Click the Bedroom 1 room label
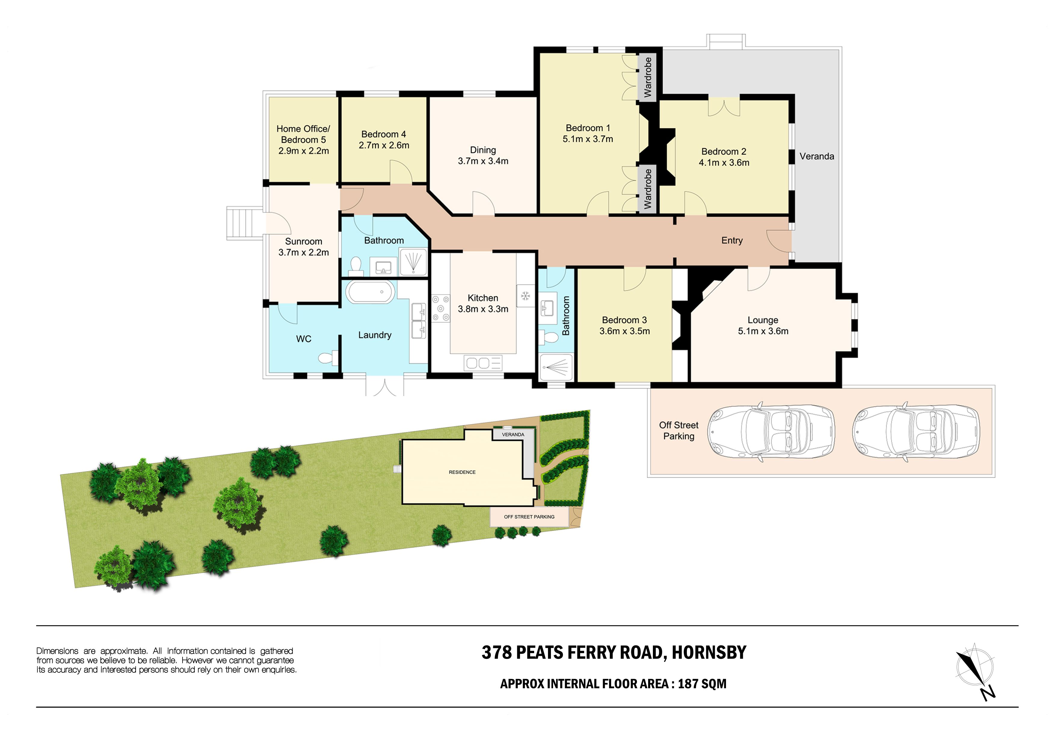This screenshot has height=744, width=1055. [x=588, y=128]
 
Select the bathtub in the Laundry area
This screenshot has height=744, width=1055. [x=370, y=292]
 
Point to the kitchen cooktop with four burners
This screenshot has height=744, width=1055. [x=440, y=308]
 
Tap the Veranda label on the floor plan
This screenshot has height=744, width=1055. [x=817, y=156]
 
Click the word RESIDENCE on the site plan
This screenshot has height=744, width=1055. [x=462, y=472]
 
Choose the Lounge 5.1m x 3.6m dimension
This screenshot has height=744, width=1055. [x=763, y=331]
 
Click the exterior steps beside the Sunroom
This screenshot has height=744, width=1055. [x=245, y=223]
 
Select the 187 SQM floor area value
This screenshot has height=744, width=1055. [x=702, y=684]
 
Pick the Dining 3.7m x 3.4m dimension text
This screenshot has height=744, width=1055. [x=483, y=161]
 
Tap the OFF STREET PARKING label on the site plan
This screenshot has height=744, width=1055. [x=529, y=517]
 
